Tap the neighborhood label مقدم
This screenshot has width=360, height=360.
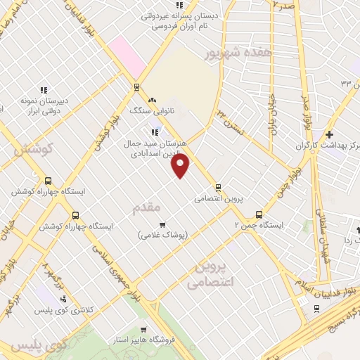pos(147,207)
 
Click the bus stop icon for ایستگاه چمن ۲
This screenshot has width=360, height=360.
pos(259,214)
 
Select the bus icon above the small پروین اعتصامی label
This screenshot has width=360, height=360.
pos(218,188)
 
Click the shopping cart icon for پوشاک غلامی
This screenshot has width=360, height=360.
pos(162,225)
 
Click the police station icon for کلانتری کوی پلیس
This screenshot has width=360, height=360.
pos(64,299)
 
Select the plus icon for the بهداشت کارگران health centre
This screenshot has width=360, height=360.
pos(329,134)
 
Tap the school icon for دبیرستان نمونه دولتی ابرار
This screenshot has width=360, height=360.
pos(43,90)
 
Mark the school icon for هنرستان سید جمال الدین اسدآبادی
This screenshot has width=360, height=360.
pos(154,131)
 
